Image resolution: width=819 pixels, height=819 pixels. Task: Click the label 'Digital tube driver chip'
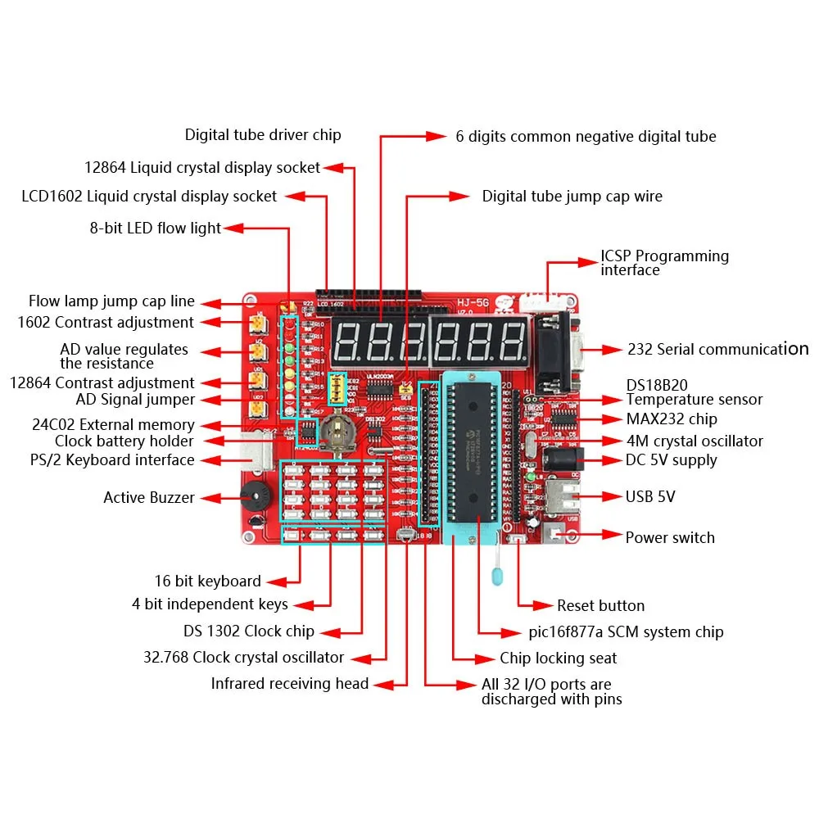263,135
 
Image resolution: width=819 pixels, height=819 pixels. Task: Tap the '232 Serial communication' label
717,350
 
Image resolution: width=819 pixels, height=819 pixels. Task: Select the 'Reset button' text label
600,606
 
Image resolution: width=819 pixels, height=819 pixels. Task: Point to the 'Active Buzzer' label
149,498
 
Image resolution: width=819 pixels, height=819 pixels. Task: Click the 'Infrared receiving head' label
290,684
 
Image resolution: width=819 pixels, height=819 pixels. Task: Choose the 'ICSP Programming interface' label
664,263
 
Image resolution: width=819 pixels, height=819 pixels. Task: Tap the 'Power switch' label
670,538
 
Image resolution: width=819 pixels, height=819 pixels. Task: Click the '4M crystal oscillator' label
695,441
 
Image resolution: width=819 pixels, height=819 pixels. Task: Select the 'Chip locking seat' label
559,658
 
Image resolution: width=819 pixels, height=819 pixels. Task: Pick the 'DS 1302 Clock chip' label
249,632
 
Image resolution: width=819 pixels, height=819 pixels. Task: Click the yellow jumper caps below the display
336,389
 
